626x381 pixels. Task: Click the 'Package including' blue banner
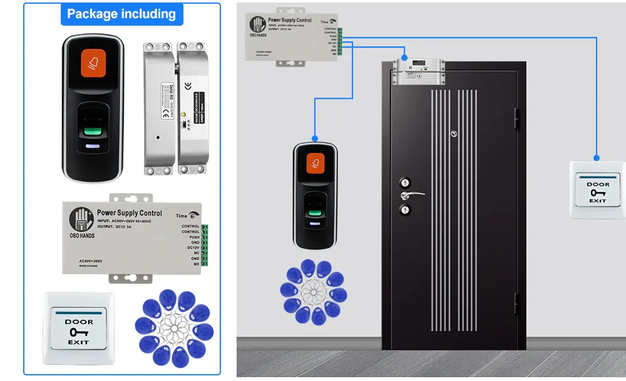pyautogui.click(x=121, y=14)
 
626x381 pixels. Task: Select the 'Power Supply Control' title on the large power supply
pyautogui.click(x=130, y=213)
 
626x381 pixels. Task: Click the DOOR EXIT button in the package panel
pyautogui.click(x=79, y=328)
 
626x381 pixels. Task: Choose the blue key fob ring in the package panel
pyautogui.click(x=175, y=328)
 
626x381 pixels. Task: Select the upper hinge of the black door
pyautogui.click(x=516, y=118)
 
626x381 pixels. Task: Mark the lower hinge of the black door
pyautogui.click(x=516, y=304)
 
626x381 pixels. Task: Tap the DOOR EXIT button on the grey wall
pyautogui.click(x=598, y=190)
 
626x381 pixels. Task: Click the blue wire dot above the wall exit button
pyautogui.click(x=597, y=157)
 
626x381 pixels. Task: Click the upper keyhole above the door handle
pyautogui.click(x=405, y=182)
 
